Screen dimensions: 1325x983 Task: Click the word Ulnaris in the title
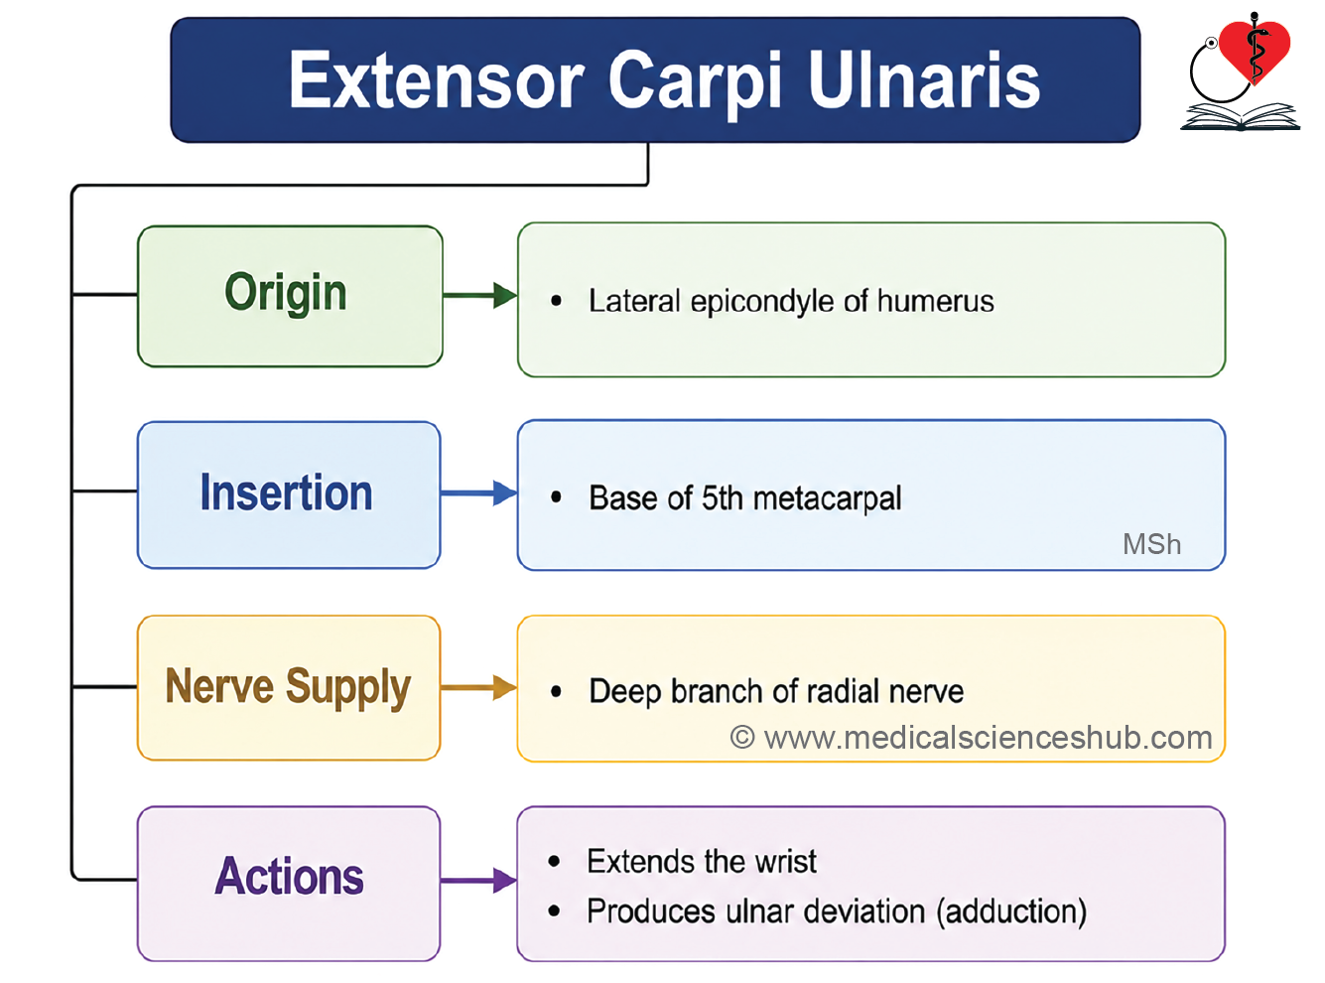(924, 80)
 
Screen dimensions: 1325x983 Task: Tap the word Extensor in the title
(436, 80)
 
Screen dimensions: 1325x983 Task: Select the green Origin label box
(290, 296)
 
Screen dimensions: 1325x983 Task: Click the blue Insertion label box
(289, 494)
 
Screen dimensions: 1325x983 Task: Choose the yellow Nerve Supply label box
(289, 687)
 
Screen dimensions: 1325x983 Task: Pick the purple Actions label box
(289, 883)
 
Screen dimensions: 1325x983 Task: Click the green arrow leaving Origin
(480, 295)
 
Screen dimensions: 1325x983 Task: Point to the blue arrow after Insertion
(479, 493)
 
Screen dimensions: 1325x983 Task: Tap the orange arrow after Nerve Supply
(479, 687)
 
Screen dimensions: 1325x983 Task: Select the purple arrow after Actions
(479, 880)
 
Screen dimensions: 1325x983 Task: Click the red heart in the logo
(1255, 49)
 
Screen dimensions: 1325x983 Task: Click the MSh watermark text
(1151, 544)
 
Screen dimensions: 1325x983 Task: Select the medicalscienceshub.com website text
(989, 738)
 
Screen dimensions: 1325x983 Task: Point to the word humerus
(936, 301)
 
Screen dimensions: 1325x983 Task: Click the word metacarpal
(828, 498)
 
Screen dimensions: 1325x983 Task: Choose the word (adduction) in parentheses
(1011, 912)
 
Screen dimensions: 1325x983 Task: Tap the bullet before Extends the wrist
(554, 861)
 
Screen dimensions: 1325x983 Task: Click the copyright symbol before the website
(742, 737)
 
